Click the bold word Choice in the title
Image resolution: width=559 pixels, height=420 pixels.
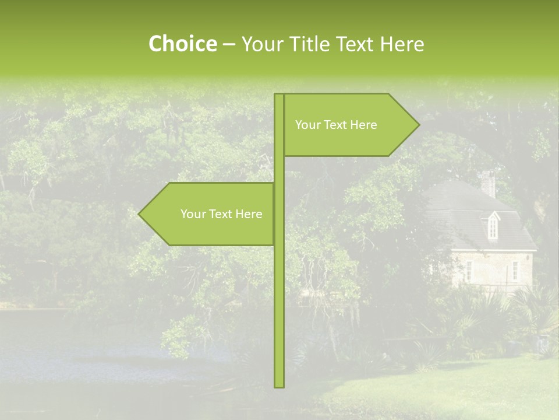coord(182,44)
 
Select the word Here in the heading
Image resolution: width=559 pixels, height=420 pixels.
coord(401,44)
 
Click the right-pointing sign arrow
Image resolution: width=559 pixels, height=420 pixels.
coord(349,125)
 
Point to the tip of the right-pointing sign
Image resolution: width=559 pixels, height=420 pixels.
coord(418,125)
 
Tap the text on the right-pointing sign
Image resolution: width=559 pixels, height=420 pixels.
coord(336,125)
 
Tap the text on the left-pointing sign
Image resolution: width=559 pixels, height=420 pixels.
coord(221,214)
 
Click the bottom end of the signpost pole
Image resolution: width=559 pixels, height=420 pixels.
coord(279,385)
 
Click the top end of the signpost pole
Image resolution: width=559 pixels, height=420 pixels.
coord(279,96)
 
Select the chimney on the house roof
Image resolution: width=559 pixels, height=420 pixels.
coord(488,184)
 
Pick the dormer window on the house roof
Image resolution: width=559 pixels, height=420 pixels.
coord(493,225)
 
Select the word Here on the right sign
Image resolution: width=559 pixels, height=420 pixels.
coord(364,125)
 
